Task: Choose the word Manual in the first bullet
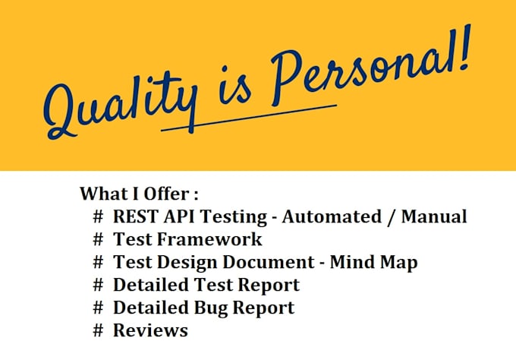434,216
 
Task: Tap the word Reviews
150,330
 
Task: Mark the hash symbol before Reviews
97,330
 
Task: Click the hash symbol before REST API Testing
97,216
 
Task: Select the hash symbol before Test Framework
97,239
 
